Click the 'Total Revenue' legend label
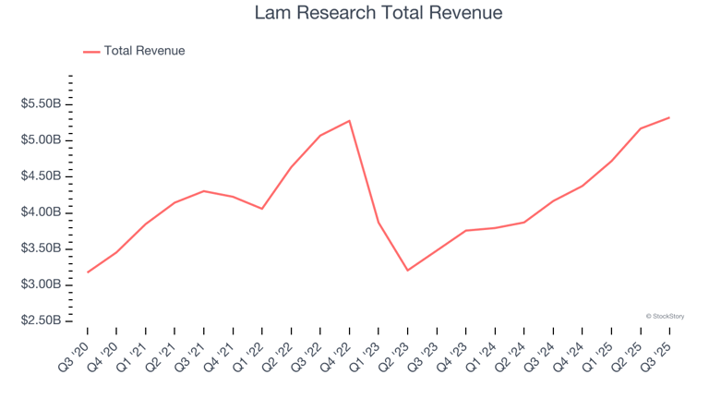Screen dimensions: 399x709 point(144,51)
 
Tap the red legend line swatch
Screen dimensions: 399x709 point(91,52)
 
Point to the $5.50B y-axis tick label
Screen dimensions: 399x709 point(41,104)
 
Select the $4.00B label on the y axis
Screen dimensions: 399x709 point(41,212)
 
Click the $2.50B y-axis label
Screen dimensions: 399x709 point(41,320)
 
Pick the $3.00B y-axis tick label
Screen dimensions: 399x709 point(41,284)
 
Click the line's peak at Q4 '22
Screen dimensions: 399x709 point(349,121)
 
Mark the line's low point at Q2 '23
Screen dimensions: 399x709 point(407,271)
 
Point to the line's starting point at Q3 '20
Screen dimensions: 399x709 point(88,272)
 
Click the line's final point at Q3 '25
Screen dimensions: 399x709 point(668,117)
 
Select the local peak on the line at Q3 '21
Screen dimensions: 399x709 point(204,191)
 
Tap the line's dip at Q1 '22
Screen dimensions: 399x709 point(262,209)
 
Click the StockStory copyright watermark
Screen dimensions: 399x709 point(665,316)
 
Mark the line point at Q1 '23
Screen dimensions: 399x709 point(379,223)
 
